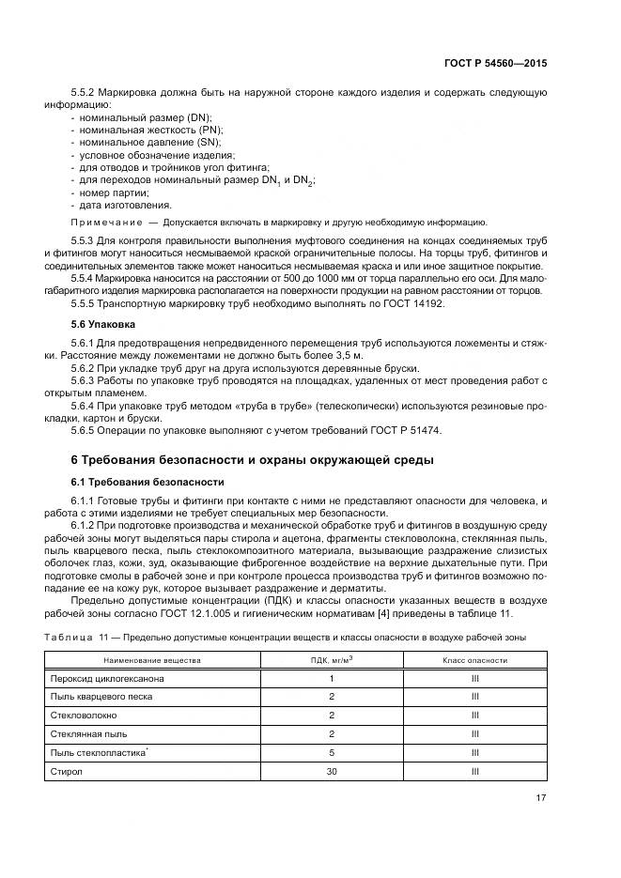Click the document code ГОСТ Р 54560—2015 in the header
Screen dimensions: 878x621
(x=496, y=63)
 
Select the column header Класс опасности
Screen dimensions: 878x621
(x=474, y=659)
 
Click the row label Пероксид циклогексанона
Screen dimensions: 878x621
(x=103, y=678)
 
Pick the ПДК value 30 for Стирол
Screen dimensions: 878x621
(x=332, y=771)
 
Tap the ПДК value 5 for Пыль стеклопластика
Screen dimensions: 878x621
(x=332, y=752)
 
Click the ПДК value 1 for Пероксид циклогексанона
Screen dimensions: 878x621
(x=332, y=678)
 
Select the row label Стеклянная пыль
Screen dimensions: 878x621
(x=86, y=733)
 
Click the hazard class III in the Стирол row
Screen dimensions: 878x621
(x=474, y=771)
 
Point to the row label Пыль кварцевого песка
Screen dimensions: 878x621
(x=100, y=697)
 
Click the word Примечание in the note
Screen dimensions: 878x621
(x=104, y=223)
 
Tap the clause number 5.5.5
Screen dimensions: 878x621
(x=84, y=303)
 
